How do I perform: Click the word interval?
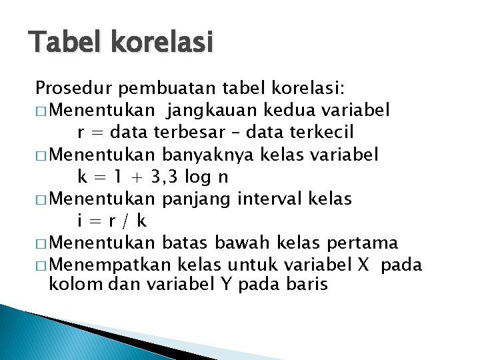[267, 199]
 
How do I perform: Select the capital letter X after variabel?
[363, 265]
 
